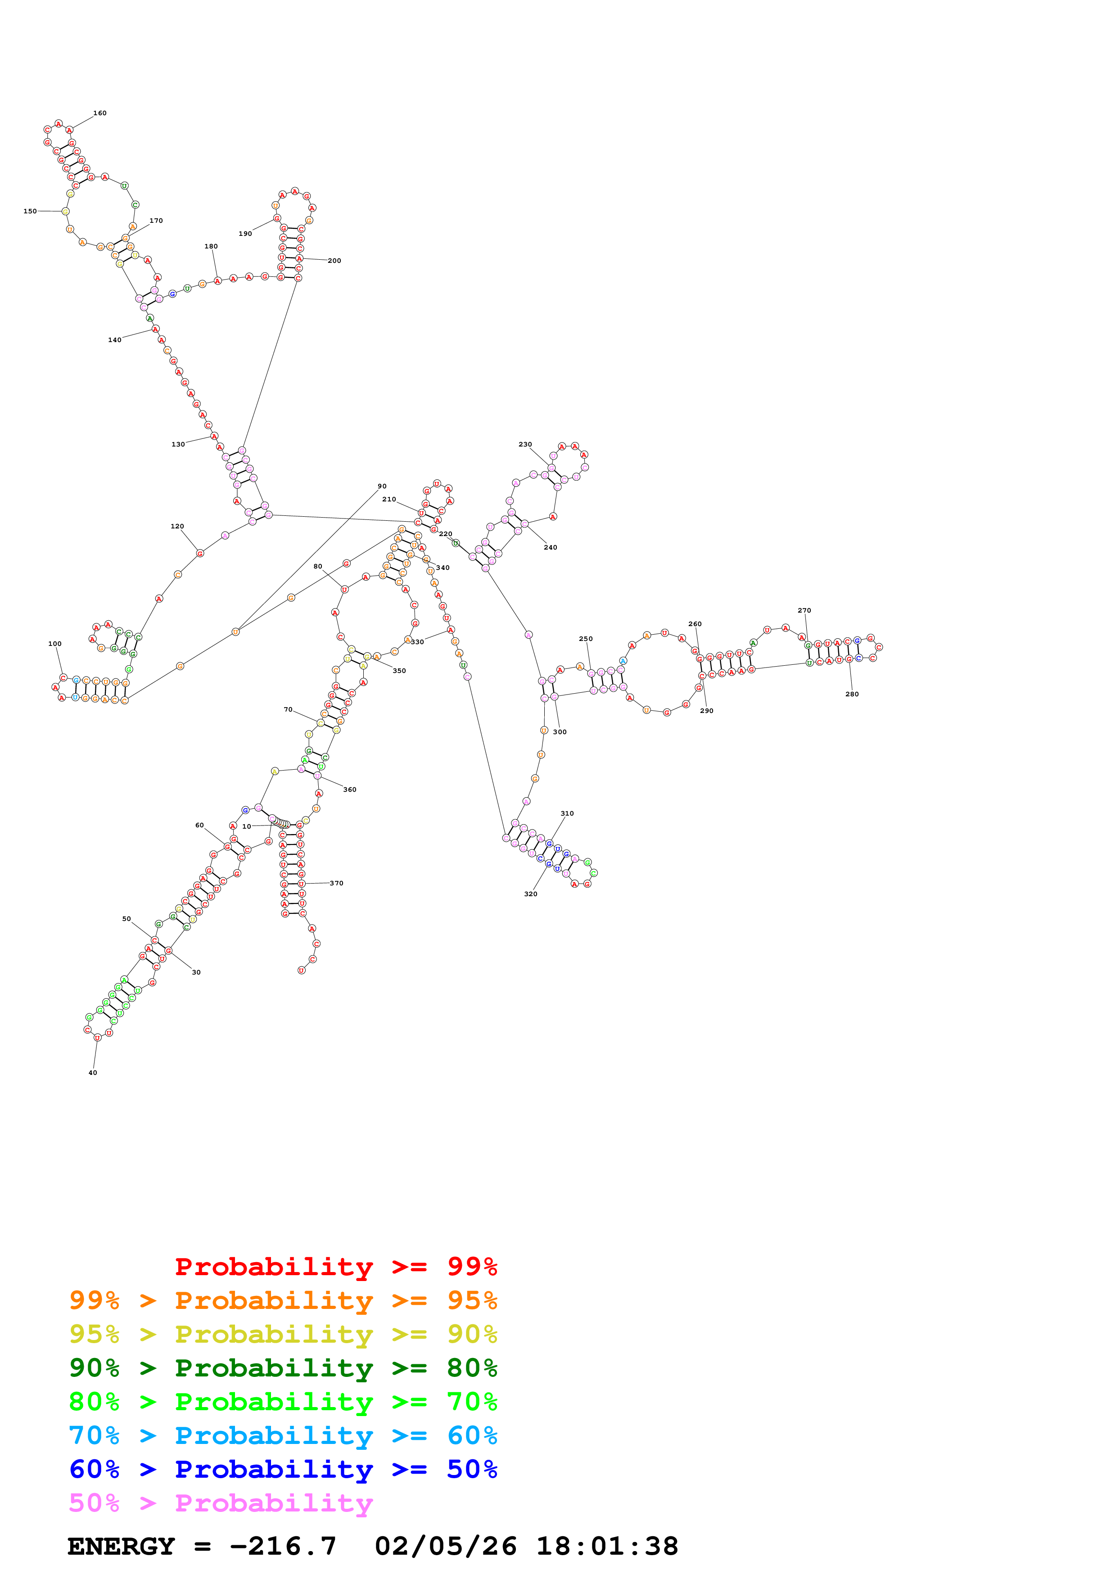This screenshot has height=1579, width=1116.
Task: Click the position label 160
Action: point(99,113)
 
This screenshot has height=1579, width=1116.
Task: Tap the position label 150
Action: point(30,211)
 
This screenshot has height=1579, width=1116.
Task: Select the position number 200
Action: point(334,261)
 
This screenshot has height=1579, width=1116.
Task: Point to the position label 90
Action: point(382,486)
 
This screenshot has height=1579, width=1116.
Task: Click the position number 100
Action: point(55,644)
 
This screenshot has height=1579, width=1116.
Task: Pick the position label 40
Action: point(93,1073)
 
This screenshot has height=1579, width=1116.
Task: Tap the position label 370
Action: point(336,883)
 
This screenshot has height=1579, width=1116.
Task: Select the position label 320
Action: point(531,894)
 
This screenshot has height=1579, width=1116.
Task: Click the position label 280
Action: point(852,694)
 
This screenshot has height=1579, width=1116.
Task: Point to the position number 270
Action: point(804,610)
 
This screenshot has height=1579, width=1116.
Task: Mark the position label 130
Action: point(178,444)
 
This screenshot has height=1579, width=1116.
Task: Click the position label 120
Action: point(177,526)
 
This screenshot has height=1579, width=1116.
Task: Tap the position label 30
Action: point(196,972)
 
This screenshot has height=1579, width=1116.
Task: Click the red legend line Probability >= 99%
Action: point(335,1266)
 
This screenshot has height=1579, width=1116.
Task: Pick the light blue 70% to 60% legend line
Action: point(283,1435)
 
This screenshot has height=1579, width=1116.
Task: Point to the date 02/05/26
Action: point(446,1546)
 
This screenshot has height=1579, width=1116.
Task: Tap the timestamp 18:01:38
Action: point(607,1546)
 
